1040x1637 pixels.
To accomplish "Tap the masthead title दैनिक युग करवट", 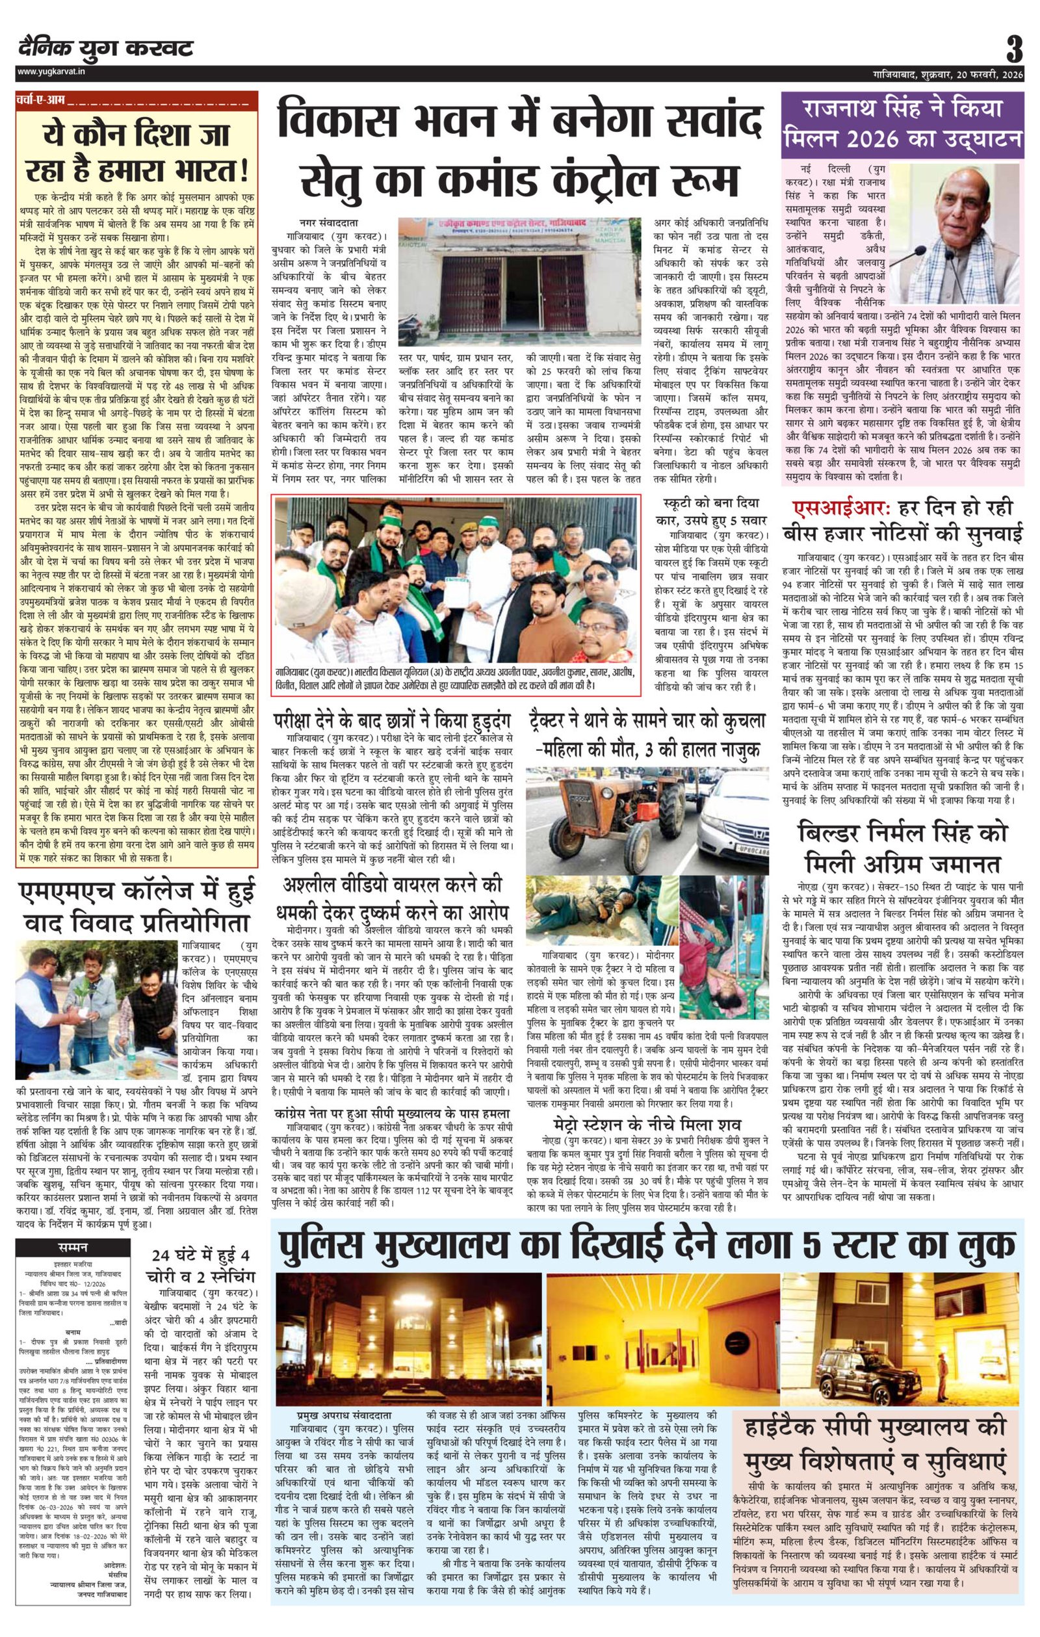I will pos(105,49).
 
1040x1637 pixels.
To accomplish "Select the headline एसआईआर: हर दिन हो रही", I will pos(902,509).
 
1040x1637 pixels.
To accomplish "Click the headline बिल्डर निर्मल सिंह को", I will pos(902,834).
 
